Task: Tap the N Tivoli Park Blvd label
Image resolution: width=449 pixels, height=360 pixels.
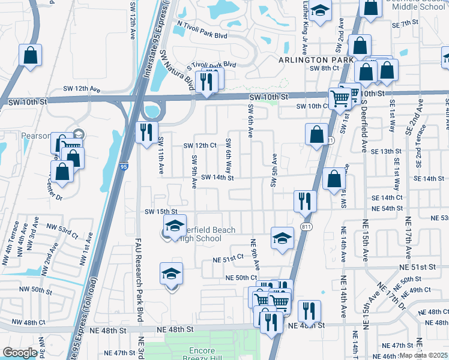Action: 202,36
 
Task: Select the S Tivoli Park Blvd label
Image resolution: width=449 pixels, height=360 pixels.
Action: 211,65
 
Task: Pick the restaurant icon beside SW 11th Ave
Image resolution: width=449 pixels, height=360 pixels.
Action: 146,133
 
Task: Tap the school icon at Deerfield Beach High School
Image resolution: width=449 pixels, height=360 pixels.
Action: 175,226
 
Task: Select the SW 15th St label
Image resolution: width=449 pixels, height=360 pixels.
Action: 161,212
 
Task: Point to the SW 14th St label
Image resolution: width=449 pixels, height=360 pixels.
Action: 217,178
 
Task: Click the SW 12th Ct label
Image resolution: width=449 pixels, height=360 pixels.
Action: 199,146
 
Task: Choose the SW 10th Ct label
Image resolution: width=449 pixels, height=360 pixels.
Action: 313,106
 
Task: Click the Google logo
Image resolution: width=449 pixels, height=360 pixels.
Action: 20,353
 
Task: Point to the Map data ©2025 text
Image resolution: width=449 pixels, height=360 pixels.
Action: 424,355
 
